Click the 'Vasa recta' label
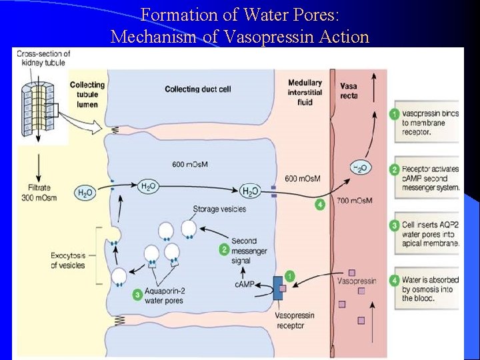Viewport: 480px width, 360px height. coord(348,91)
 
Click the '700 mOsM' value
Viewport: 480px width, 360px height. coord(354,201)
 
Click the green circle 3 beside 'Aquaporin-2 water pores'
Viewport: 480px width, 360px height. coord(137,293)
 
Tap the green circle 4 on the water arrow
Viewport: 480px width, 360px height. coord(320,204)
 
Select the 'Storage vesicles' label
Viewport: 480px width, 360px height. coord(219,209)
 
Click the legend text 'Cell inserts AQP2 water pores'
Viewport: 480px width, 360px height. coord(430,234)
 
